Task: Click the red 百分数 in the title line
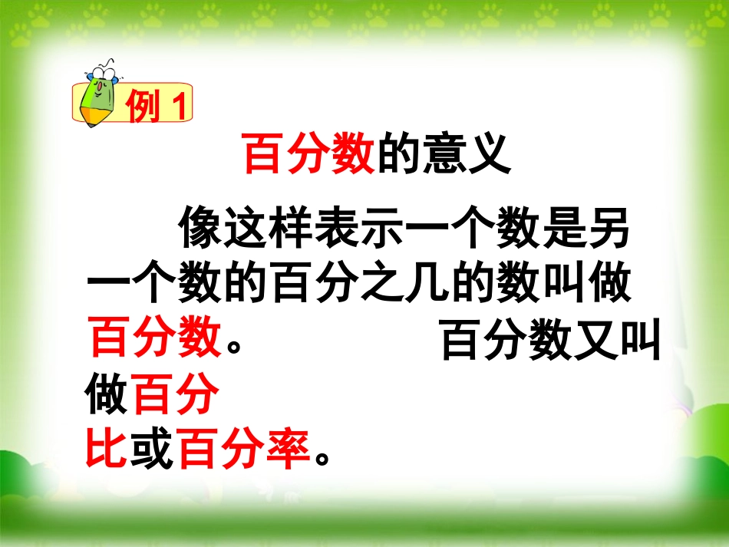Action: pyautogui.click(x=308, y=154)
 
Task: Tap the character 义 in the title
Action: pyautogui.click(x=489, y=154)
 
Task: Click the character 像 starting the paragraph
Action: pyautogui.click(x=202, y=229)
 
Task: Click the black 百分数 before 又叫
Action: pyautogui.click(x=506, y=341)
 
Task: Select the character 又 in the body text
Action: pyautogui.click(x=595, y=341)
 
